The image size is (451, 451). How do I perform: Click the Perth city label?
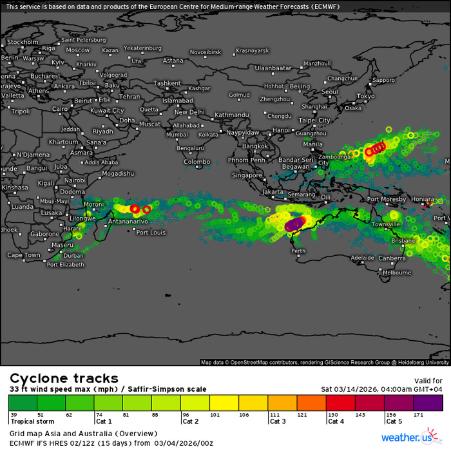pos(299,251)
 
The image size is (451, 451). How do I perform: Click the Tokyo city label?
pos(365,96)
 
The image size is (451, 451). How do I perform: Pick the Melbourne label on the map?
pos(396,273)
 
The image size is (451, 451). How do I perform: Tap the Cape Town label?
pos(24,255)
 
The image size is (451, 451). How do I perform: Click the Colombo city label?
pos(197,162)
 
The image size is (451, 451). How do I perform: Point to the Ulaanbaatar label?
pos(274,68)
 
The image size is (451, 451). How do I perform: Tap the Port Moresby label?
pos(387,200)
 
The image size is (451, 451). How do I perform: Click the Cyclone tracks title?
pos(63,378)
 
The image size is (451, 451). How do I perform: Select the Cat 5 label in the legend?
pos(395,421)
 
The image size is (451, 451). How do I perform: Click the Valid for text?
pos(428,381)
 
